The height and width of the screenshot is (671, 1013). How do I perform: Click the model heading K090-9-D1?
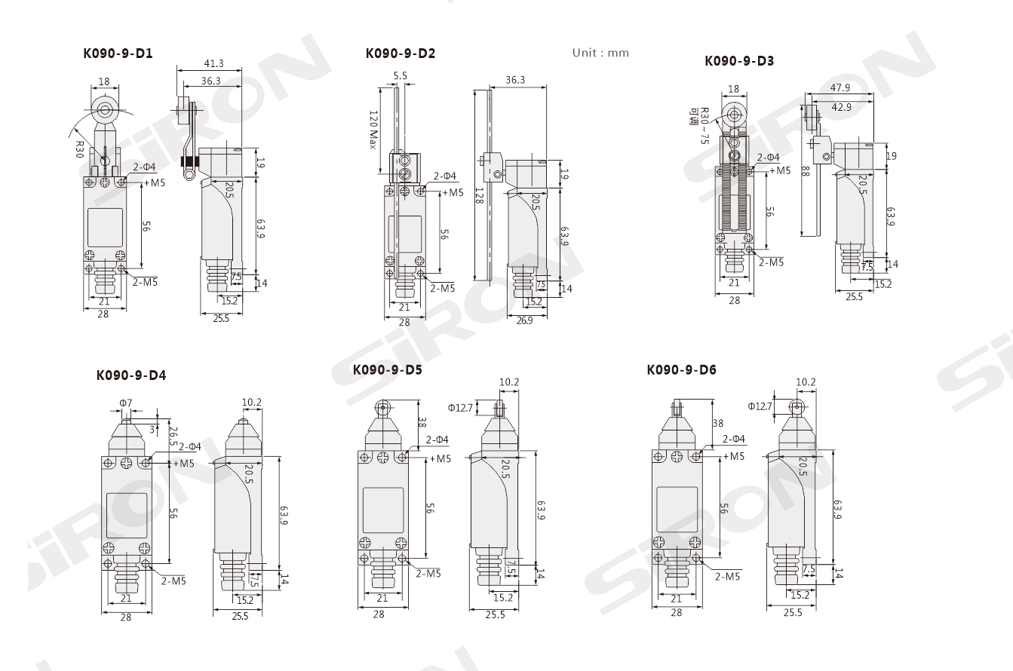(118, 54)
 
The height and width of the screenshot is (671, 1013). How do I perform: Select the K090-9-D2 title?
(401, 54)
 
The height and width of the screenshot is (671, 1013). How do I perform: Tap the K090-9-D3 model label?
(739, 60)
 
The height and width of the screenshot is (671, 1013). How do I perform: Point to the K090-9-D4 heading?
(131, 375)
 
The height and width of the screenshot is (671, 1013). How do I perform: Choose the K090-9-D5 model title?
(388, 370)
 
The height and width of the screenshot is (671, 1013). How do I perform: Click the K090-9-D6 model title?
(682, 370)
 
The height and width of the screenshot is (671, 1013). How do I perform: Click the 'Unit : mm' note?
(600, 53)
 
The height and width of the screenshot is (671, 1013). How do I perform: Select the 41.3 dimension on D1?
(213, 64)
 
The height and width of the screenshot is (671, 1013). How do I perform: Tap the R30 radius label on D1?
(80, 149)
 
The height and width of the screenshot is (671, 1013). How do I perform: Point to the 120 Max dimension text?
(373, 130)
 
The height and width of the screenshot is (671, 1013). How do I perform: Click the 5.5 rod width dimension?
(401, 75)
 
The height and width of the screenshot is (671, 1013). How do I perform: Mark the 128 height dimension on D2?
(480, 196)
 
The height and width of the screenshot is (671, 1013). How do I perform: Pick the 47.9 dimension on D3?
(840, 87)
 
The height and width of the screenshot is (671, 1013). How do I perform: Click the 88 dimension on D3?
(806, 171)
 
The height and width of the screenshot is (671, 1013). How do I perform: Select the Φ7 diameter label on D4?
(126, 403)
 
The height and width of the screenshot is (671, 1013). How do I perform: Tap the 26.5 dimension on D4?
(172, 436)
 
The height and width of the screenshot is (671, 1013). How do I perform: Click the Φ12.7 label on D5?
(460, 408)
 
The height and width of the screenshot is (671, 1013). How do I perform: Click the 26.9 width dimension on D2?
(524, 320)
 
